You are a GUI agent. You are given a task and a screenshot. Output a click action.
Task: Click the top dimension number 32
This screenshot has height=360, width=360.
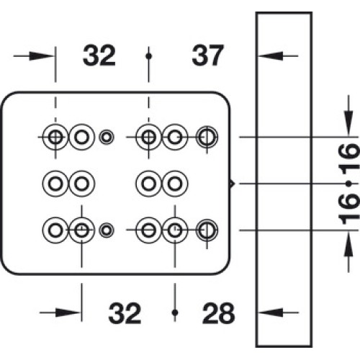(x=99, y=56)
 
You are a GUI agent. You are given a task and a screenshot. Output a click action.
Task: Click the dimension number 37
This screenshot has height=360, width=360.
(x=208, y=56)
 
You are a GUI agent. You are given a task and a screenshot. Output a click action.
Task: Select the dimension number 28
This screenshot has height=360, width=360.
(x=218, y=313)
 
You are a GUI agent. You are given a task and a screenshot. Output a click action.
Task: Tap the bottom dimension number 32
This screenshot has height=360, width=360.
(x=125, y=313)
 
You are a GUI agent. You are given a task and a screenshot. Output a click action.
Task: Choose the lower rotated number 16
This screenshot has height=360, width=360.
(x=348, y=209)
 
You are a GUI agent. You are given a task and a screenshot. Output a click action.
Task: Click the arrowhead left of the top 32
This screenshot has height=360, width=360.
(x=42, y=56)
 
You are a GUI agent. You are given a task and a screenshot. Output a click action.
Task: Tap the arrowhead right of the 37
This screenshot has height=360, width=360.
(x=271, y=56)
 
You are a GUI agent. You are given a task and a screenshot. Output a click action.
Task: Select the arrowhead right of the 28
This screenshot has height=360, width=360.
(x=271, y=312)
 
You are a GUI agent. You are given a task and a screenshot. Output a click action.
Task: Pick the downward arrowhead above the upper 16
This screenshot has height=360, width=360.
(x=348, y=123)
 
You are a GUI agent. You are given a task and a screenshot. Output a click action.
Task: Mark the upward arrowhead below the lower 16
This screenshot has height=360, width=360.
(x=348, y=244)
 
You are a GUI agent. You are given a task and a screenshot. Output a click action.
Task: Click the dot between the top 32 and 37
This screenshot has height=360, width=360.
(x=149, y=56)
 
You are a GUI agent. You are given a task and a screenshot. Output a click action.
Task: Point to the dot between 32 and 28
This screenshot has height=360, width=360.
(x=175, y=312)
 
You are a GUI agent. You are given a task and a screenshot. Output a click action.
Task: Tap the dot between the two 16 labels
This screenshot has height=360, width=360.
(x=348, y=184)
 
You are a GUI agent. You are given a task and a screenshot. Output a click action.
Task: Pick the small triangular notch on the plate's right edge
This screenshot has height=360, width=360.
(x=232, y=184)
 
